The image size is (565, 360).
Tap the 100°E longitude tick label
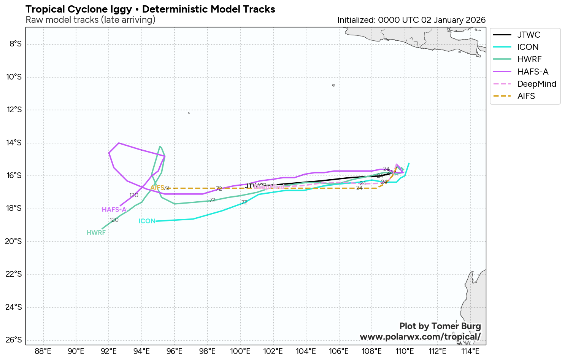tap(240, 351)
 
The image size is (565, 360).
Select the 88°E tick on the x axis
tap(43, 351)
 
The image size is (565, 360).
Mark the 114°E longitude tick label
tap(470, 351)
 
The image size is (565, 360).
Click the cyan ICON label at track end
tap(147, 221)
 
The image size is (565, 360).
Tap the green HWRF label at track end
tap(96, 233)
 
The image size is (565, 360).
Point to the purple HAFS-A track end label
tap(114, 210)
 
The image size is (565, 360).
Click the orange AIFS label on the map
tap(157, 188)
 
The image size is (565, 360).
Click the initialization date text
tap(411, 20)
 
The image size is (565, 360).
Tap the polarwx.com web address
tap(420, 337)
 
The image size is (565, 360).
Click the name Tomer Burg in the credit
tap(456, 326)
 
